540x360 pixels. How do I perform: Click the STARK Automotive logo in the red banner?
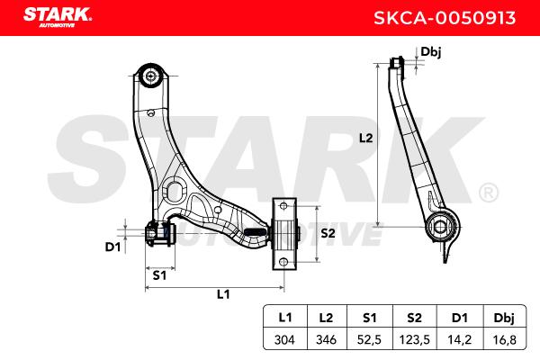coord(58,17)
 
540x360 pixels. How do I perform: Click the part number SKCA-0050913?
coord(445,18)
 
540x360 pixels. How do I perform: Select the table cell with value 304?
coord(284,339)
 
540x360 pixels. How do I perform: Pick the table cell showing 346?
coord(326,339)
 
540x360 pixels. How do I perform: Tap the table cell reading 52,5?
coord(369,339)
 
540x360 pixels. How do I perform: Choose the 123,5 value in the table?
coord(414,339)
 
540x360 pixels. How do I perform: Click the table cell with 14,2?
coord(459,339)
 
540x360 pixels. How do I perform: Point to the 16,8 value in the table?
coord(505,339)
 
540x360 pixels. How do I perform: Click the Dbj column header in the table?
coord(504,318)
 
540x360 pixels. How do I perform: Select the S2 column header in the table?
coord(414,318)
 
